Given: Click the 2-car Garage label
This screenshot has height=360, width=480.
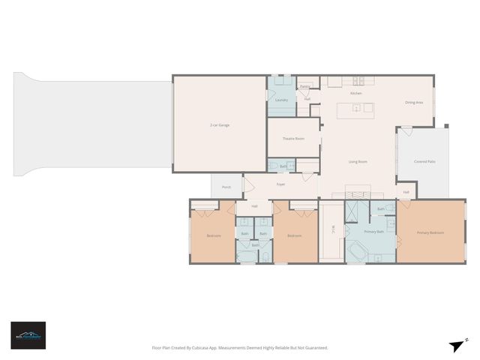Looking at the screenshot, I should pyautogui.click(x=219, y=124).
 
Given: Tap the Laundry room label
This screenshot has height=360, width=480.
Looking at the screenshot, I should pyautogui.click(x=282, y=100).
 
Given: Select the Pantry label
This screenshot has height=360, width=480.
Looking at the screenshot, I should pyautogui.click(x=304, y=87).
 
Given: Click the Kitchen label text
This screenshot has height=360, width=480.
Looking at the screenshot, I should pyautogui.click(x=355, y=93).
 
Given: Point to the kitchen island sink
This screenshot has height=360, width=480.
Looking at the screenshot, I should pyautogui.click(x=357, y=109).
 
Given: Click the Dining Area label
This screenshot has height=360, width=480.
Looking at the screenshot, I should pyautogui.click(x=414, y=102).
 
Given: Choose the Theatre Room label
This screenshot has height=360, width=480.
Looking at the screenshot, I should pyautogui.click(x=293, y=139).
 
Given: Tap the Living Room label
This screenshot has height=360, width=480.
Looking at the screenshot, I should pyautogui.click(x=358, y=161).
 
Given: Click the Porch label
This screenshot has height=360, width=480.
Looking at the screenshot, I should pyautogui.click(x=226, y=187).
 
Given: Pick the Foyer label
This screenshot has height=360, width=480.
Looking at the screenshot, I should pyautogui.click(x=280, y=184).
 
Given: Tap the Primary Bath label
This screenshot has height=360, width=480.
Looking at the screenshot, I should pyautogui.click(x=374, y=232).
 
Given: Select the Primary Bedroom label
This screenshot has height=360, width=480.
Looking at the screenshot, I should pyautogui.click(x=430, y=233).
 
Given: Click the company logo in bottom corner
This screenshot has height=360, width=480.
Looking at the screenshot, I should pyautogui.click(x=28, y=335).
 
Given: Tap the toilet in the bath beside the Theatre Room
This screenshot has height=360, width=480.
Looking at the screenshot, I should pyautogui.click(x=273, y=166).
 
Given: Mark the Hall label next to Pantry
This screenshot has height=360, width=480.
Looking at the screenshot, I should pyautogui.click(x=307, y=99).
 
